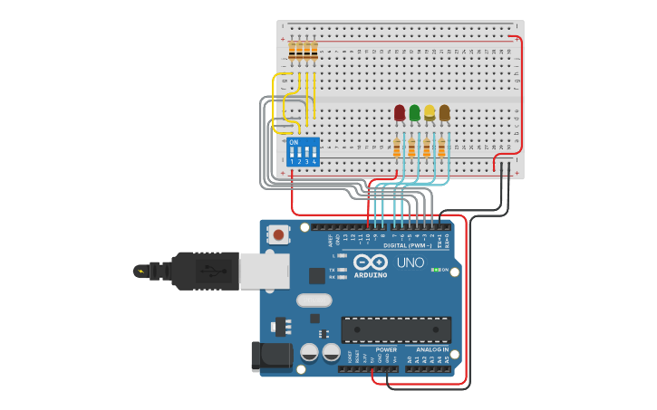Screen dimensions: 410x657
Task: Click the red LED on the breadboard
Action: pyautogui.click(x=400, y=113)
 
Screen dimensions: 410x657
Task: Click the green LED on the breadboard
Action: pyautogui.click(x=414, y=113)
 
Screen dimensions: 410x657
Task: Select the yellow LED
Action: pyautogui.click(x=430, y=113)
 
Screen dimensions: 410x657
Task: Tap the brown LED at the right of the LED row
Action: pyautogui.click(x=444, y=113)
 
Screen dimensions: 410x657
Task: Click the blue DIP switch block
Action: pyautogui.click(x=303, y=151)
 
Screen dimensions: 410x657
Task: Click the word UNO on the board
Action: pyautogui.click(x=411, y=262)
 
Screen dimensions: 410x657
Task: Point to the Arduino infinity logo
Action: pyautogui.click(x=377, y=262)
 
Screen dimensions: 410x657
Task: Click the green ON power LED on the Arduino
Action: pyautogui.click(x=435, y=270)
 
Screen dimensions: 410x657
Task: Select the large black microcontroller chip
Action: pyautogui.click(x=396, y=329)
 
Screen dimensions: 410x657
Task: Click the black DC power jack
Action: pyautogui.click(x=272, y=356)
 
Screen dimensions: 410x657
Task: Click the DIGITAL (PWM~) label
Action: pyautogui.click(x=407, y=245)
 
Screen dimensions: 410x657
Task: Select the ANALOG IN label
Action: pyautogui.click(x=432, y=349)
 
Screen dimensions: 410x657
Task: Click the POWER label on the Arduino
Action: pyautogui.click(x=386, y=349)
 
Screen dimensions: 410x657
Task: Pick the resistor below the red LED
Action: pyautogui.click(x=397, y=148)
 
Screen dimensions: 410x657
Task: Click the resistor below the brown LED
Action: pyautogui.click(x=441, y=148)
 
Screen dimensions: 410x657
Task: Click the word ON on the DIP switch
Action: pyautogui.click(x=294, y=142)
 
